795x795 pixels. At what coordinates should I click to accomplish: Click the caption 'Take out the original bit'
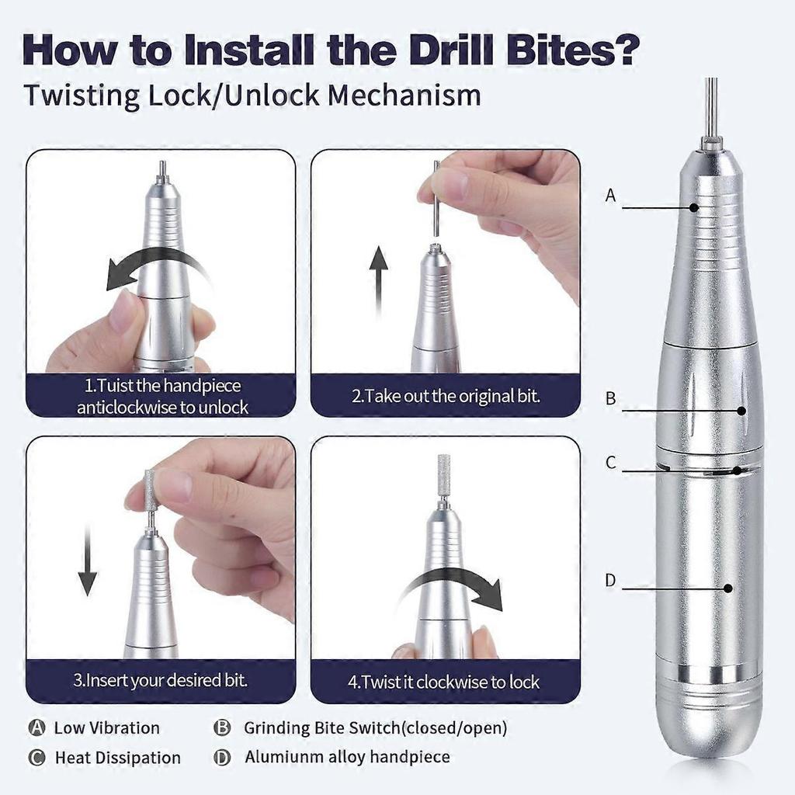click(446, 395)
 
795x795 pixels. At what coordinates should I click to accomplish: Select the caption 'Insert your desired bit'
click(161, 681)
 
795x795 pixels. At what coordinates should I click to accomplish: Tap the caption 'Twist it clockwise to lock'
click(443, 682)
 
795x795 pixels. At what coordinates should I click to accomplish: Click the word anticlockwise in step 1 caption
click(130, 407)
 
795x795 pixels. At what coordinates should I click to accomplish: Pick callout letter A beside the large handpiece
click(610, 196)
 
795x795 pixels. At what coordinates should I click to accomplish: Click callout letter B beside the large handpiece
click(610, 399)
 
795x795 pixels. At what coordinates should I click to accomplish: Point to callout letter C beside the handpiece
click(610, 463)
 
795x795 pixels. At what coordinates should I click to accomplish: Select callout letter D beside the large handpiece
click(610, 580)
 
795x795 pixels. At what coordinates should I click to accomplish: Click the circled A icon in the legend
click(36, 727)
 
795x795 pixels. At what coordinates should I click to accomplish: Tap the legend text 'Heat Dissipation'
click(117, 758)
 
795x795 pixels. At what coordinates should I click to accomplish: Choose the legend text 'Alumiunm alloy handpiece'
click(347, 756)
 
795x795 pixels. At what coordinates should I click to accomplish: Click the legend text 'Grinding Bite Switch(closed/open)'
click(375, 727)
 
